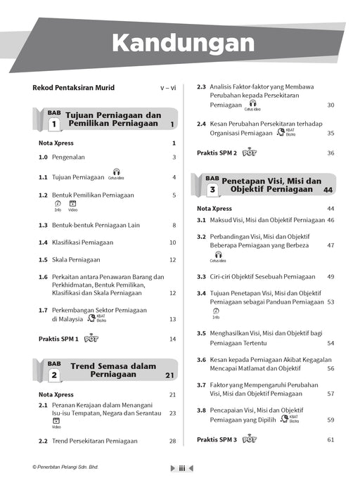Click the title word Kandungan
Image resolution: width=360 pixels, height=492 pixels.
[x=183, y=44]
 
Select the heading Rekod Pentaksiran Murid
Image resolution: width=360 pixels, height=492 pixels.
[x=73, y=88]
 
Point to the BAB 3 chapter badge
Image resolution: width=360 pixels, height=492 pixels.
[x=212, y=185]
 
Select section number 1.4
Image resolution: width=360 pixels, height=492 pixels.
[x=42, y=242]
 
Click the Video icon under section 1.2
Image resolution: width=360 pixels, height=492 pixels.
[x=72, y=205]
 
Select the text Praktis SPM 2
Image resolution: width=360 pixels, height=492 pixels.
[x=217, y=153]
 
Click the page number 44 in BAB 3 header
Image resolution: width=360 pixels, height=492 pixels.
[x=328, y=190]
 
